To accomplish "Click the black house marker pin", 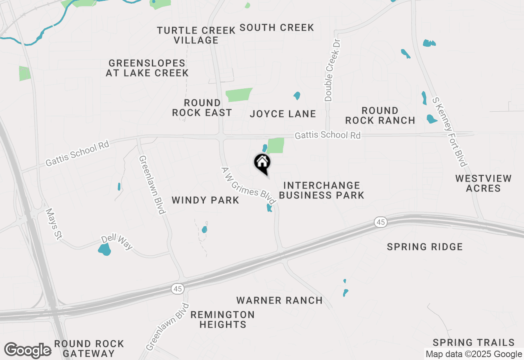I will [x=262, y=164].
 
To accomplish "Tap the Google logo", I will [x=27, y=350].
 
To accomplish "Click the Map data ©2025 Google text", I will [x=474, y=354].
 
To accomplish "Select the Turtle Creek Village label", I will [x=196, y=35].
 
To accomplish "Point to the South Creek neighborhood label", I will [x=277, y=27].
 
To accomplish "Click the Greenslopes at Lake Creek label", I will [x=147, y=68].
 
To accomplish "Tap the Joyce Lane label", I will [x=283, y=114].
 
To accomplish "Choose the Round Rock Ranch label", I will [x=380, y=115].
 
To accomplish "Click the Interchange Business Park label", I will [x=321, y=190].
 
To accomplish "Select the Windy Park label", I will [x=205, y=200].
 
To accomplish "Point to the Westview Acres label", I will [x=483, y=183].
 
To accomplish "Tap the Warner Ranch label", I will [x=280, y=300].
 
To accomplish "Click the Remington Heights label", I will [x=222, y=319].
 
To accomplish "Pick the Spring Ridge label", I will [x=425, y=247].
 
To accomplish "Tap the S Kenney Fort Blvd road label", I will [x=449, y=132].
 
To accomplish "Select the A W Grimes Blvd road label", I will [x=248, y=186].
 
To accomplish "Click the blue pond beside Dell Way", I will [x=105, y=249].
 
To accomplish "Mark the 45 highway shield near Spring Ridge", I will [x=380, y=222].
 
